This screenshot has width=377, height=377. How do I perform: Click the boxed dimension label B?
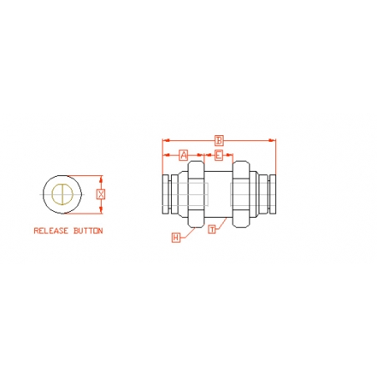point(219,139)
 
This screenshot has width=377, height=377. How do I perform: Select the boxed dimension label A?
point(184,155)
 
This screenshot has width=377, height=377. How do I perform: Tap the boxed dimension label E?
point(219,155)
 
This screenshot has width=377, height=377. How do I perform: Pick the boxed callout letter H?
point(176,238)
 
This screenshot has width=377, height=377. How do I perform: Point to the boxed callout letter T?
point(213,229)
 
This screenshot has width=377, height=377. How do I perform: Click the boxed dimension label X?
point(101,194)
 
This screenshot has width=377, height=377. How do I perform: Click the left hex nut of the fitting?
point(196,194)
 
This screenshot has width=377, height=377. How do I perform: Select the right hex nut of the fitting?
point(240,194)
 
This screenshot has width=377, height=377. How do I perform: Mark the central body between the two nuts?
point(219,194)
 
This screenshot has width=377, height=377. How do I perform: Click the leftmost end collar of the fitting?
point(166,194)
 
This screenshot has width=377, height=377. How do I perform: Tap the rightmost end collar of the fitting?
point(271,194)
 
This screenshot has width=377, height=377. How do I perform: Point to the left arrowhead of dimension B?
point(165,140)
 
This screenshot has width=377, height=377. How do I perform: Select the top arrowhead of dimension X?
point(101,177)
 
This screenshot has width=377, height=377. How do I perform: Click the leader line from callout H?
point(187,234)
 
